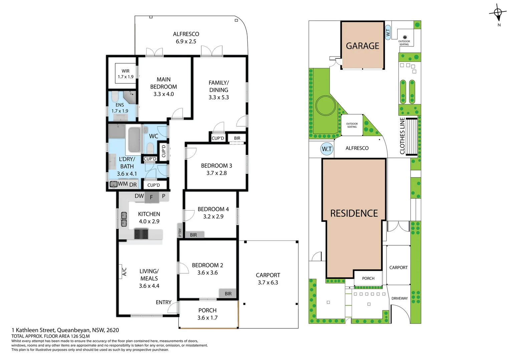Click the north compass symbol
pos(498,13)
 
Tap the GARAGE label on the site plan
pos(362,46)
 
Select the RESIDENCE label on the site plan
pos(354,213)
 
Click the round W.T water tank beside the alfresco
pos(327,149)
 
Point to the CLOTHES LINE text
pos(402,136)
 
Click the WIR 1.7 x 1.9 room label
pos(125,74)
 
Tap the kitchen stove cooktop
pos(141,234)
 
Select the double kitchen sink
pos(124,219)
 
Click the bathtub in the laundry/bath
pos(135,140)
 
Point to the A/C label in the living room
pos(124,271)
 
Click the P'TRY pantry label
pos(180,232)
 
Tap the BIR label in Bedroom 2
pos(228,293)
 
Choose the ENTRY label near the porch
pos(164,302)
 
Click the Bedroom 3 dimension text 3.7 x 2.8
pos(216,173)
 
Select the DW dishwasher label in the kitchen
pos(139,196)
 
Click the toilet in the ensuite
pos(115,97)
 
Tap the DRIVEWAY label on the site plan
pos(400,298)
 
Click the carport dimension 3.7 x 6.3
pos(268,282)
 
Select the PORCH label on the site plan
pos(368,278)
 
